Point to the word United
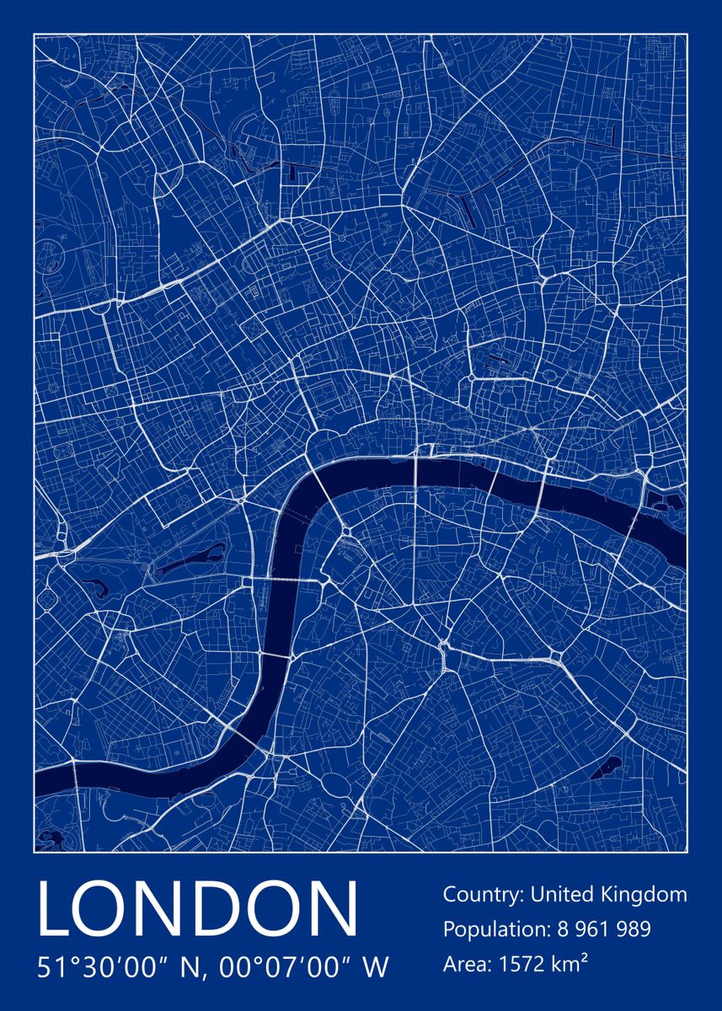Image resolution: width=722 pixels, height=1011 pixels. [x=564, y=894]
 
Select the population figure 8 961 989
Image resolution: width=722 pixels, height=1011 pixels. [x=604, y=929]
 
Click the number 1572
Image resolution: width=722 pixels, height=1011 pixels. [x=523, y=963]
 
